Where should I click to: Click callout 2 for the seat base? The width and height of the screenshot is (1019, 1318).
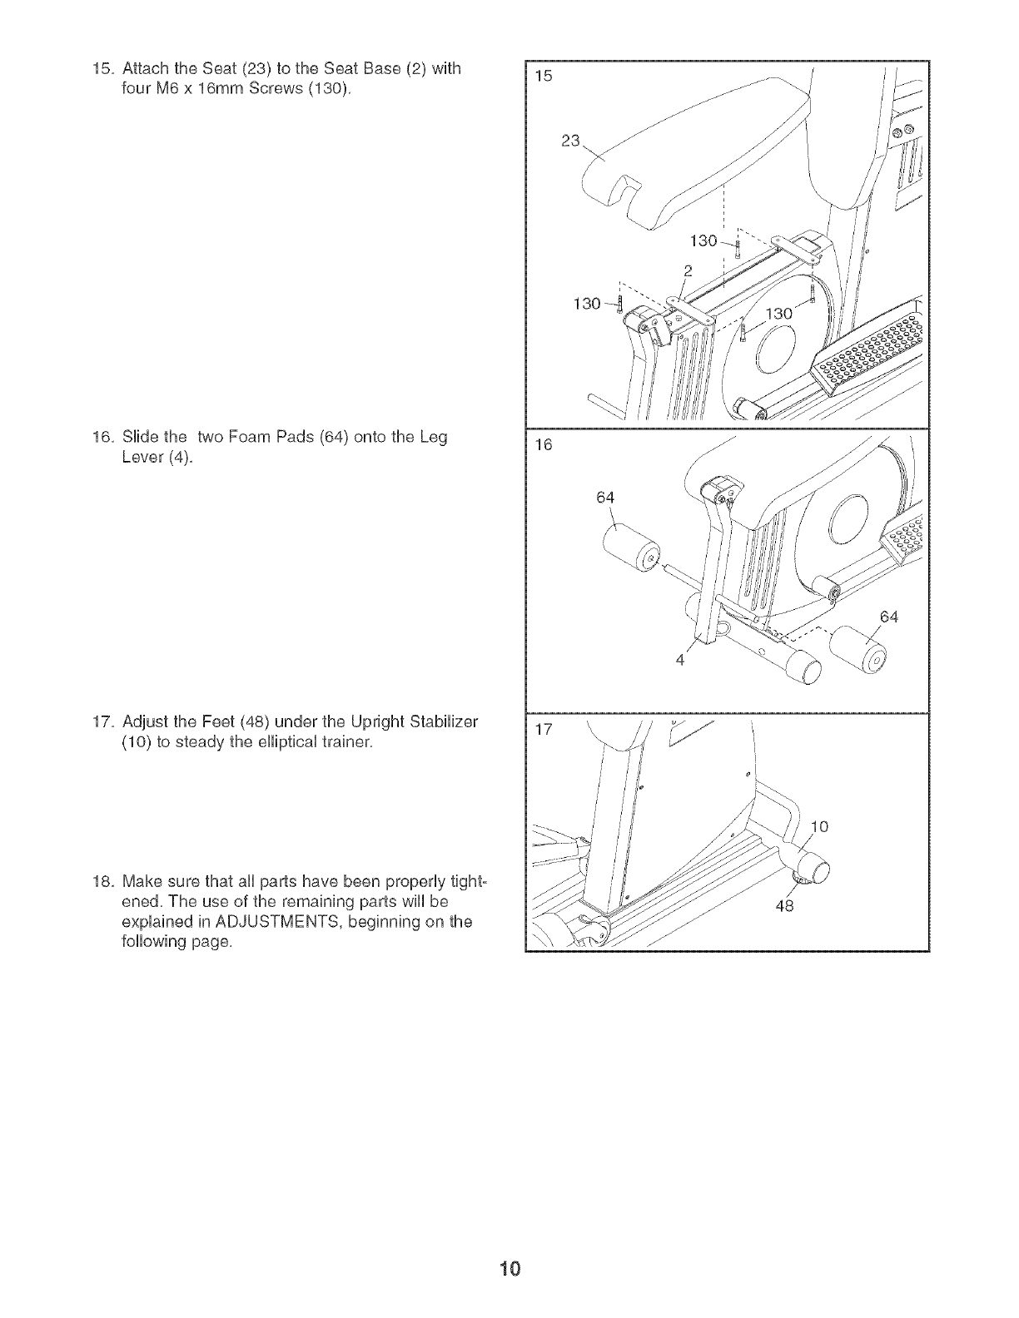point(688,269)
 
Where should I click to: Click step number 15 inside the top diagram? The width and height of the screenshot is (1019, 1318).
point(543,77)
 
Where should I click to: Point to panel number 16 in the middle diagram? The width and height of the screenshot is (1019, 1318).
point(543,445)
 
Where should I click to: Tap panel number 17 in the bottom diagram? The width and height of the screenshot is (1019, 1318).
point(544,731)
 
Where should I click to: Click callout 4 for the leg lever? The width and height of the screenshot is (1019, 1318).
point(679,661)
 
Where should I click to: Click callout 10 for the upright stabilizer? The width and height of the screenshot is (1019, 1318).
point(820,826)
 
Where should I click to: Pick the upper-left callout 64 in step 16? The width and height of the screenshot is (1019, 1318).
point(605,498)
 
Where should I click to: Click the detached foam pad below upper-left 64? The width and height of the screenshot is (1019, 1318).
point(630,552)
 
